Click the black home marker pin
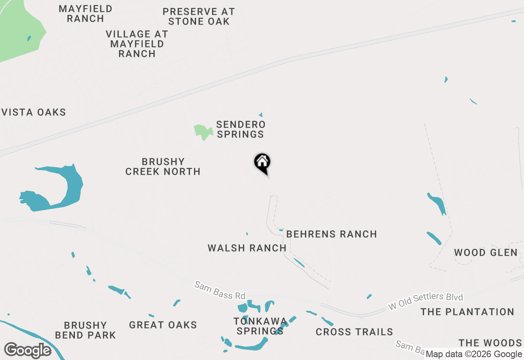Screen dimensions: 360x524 point(262,163)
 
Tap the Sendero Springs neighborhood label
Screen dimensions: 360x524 point(241,129)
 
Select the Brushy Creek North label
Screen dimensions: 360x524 point(163,166)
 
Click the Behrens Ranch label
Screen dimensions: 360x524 point(332,234)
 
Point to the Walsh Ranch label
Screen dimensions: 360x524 point(247,248)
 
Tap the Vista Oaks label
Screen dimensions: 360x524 point(34,112)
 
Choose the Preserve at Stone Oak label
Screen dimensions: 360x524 point(199,17)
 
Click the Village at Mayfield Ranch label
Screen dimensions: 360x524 point(137,44)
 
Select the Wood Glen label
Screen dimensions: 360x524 point(486,253)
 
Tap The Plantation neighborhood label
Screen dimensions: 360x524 point(467,312)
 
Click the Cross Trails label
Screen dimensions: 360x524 point(354,332)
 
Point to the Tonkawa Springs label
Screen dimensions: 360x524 point(260,326)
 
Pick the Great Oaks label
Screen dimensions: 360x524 point(163,325)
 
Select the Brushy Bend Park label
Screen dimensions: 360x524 point(86,330)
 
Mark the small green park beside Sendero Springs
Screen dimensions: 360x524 point(203,132)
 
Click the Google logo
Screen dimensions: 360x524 point(27,351)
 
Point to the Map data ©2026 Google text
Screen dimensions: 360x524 point(474,354)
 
